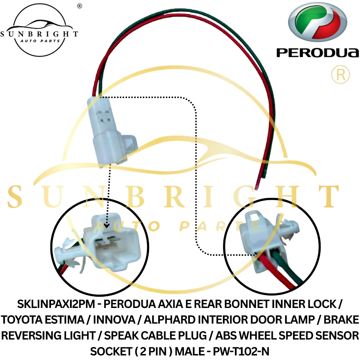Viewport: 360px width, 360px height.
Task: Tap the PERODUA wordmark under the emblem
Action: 318,53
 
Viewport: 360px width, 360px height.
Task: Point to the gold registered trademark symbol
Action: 340,74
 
